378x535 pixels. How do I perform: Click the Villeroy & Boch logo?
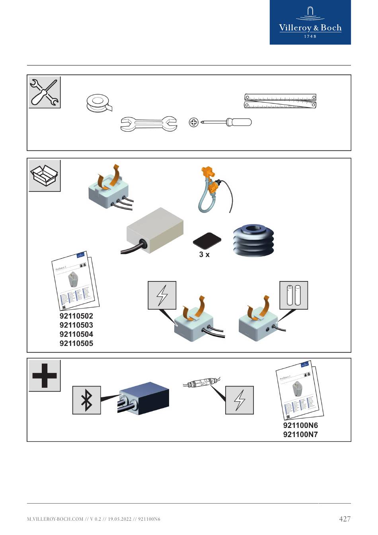tap(310, 22)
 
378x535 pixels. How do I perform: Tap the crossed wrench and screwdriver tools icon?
tap(45, 92)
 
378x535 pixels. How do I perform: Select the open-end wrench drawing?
tap(148, 124)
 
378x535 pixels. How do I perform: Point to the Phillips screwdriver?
tap(227, 122)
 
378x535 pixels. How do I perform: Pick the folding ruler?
tap(280, 101)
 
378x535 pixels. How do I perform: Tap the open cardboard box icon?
tap(45, 176)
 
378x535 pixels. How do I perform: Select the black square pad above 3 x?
tap(207, 241)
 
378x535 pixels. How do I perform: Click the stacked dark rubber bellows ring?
tap(253, 240)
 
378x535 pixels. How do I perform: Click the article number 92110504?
tap(76, 334)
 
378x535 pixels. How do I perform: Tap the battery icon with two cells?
tap(294, 295)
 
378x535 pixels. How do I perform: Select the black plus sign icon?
tap(45, 376)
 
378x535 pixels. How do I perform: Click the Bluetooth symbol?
tap(86, 400)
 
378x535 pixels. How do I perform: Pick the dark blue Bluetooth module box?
tap(144, 398)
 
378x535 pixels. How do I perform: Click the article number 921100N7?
tap(300, 434)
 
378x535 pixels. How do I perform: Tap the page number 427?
tap(345, 519)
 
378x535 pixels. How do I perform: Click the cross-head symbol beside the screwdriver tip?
tap(193, 122)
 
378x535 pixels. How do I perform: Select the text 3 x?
tap(204, 254)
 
